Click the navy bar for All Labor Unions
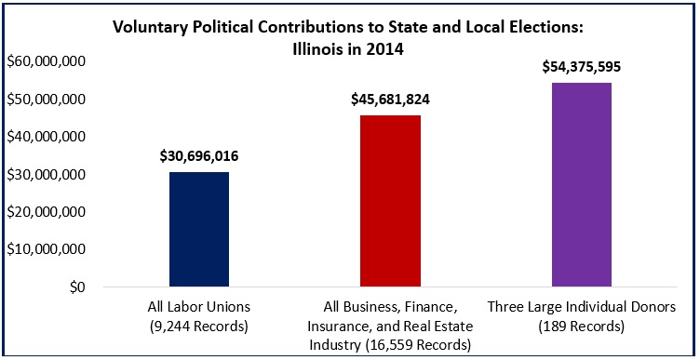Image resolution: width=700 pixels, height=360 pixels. (198, 230)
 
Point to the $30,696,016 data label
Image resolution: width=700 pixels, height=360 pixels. (198, 155)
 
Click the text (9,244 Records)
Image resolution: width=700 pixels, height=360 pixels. (198, 326)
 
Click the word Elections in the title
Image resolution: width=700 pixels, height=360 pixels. (551, 27)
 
